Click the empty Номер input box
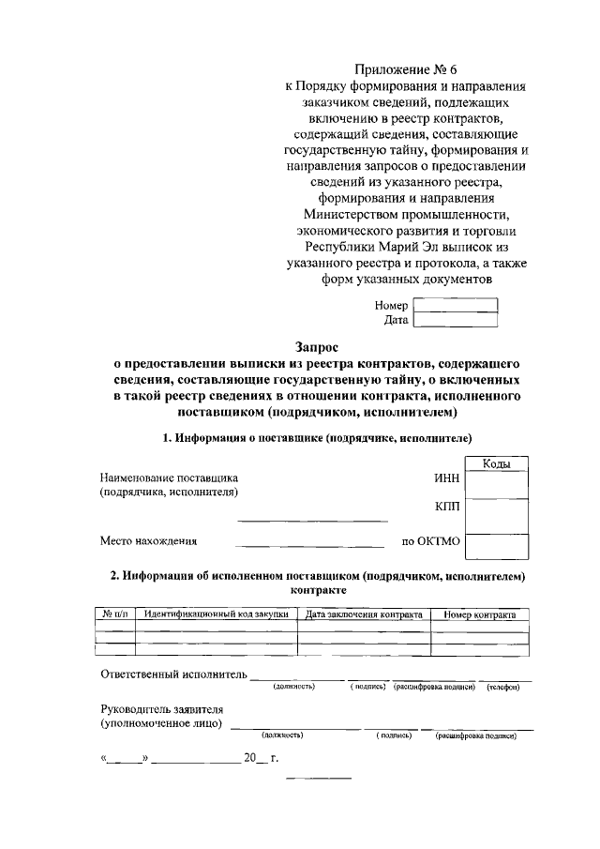[x=455, y=305]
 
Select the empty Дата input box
[x=455, y=321]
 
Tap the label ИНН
[x=447, y=477]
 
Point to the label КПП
[x=447, y=508]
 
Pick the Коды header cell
[x=496, y=463]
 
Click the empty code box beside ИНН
[x=496, y=484]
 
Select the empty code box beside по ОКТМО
[x=496, y=546]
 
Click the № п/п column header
[x=115, y=614]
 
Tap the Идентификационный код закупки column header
[x=217, y=614]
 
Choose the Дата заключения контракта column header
[x=364, y=614]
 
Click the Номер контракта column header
[x=480, y=614]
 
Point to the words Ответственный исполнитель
[x=173, y=674]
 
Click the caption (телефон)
[x=503, y=688]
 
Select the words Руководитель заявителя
[x=161, y=709]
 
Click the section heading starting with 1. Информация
[x=317, y=438]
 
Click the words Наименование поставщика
[x=170, y=477]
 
